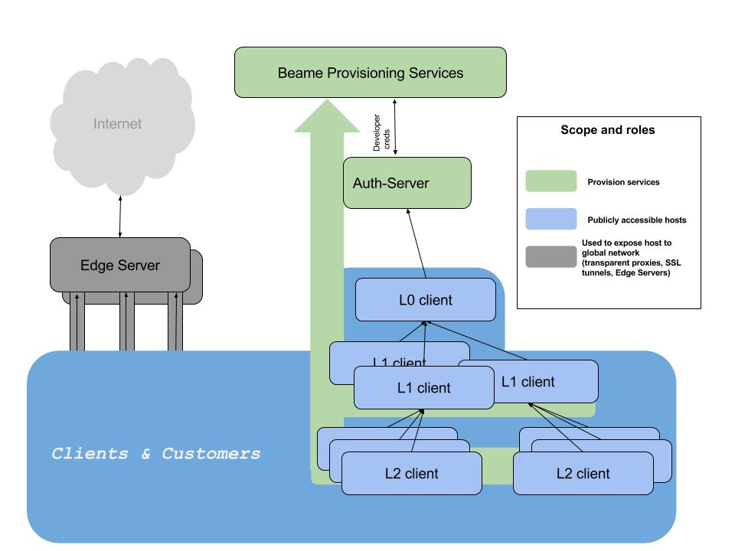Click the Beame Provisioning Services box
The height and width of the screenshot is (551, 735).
point(371,72)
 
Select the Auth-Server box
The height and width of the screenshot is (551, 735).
point(407,183)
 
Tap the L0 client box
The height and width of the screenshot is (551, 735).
point(426,300)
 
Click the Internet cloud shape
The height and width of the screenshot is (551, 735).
point(122,126)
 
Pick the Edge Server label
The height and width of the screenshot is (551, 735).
point(120,266)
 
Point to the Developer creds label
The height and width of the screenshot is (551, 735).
point(381,132)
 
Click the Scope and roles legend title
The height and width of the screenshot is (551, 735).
point(607,130)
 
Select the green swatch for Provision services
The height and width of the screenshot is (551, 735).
point(550,181)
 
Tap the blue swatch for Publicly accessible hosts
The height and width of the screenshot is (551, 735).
point(550,219)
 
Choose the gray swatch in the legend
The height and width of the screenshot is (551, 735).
point(550,257)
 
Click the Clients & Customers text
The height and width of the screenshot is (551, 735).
point(155,454)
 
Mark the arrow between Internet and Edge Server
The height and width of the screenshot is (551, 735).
point(120,217)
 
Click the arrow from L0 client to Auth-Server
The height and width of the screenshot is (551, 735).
point(416,243)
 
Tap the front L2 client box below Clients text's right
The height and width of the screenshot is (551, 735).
point(412,473)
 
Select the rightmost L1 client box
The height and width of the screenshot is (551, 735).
point(528,381)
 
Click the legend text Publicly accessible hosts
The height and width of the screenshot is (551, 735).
point(636,220)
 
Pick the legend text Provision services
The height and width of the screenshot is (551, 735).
point(623,182)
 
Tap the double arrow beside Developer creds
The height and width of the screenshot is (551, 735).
point(395,127)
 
